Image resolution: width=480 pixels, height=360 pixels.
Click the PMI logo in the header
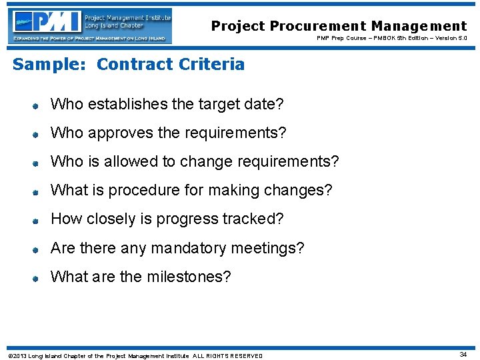pyautogui.click(x=91, y=25)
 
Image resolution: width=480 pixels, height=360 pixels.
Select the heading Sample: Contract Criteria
pyautogui.click(x=129, y=64)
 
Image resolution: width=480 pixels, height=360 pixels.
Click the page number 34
pyautogui.click(x=463, y=355)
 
